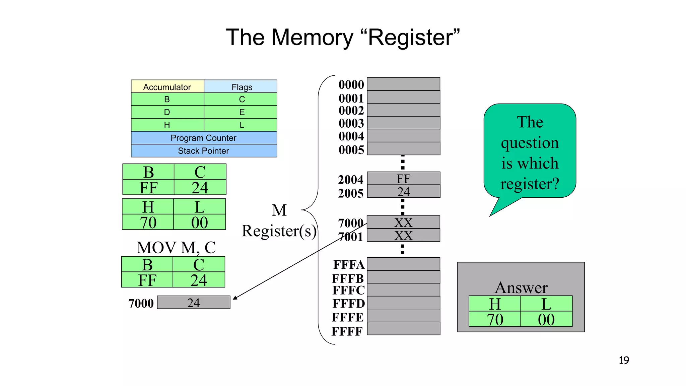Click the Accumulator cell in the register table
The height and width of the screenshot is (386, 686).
[167, 87]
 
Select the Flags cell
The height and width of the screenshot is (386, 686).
[242, 87]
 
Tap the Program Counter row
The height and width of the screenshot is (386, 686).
[204, 138]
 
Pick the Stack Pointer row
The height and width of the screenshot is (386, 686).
[204, 151]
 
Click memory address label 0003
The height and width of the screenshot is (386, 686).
[351, 123]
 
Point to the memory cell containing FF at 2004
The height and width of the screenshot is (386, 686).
[403, 179]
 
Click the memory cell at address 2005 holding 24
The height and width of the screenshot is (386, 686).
[403, 192]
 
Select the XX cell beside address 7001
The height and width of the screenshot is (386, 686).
[403, 236]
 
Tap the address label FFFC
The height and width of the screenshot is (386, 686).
[348, 290]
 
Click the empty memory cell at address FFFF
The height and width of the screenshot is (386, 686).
[403, 329]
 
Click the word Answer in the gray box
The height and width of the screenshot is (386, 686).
[521, 287]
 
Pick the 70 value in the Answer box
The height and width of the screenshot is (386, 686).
[495, 319]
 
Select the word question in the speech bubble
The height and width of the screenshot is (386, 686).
[530, 143]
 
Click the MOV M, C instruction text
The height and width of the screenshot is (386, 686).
[176, 248]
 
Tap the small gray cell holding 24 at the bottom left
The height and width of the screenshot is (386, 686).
[194, 303]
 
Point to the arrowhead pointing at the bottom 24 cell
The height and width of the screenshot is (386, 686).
[234, 298]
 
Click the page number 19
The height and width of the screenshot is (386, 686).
[624, 360]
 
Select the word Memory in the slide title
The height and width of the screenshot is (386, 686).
[312, 37]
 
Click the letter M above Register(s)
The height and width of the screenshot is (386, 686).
[279, 210]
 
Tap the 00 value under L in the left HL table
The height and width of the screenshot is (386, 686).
[199, 222]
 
